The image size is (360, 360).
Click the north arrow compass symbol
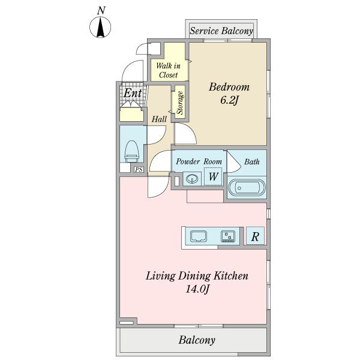pos(100,27)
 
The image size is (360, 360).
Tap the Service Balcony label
pos(221,31)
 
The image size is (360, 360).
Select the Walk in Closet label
pos(168,70)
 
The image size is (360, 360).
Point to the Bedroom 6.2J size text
pos(229,100)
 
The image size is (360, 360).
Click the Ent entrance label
pos(133,93)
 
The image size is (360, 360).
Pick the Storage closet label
pos(180,103)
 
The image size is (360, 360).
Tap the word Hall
pos(159,119)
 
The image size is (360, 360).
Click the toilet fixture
pos(132,152)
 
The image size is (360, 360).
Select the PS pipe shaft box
pos(139,170)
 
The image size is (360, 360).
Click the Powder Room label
pos(199,161)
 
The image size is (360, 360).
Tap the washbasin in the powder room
pos(192,179)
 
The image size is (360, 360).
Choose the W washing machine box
pos(213,176)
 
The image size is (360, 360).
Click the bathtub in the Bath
pos(247,188)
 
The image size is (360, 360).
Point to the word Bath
pos(251,161)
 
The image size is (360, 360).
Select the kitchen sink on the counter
pos(199,236)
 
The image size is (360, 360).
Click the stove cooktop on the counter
pos(228,236)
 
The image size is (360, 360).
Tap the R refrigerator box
pos(256,236)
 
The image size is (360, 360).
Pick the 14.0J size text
pos(197,289)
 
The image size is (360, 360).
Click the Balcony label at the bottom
pos(197,340)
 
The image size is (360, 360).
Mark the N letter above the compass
pos(101,11)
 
